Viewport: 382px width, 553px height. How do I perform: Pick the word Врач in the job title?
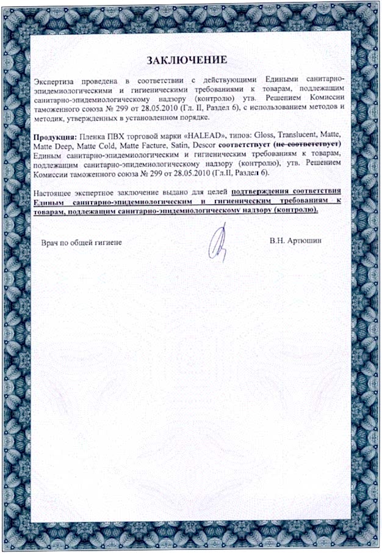[x=50, y=243]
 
